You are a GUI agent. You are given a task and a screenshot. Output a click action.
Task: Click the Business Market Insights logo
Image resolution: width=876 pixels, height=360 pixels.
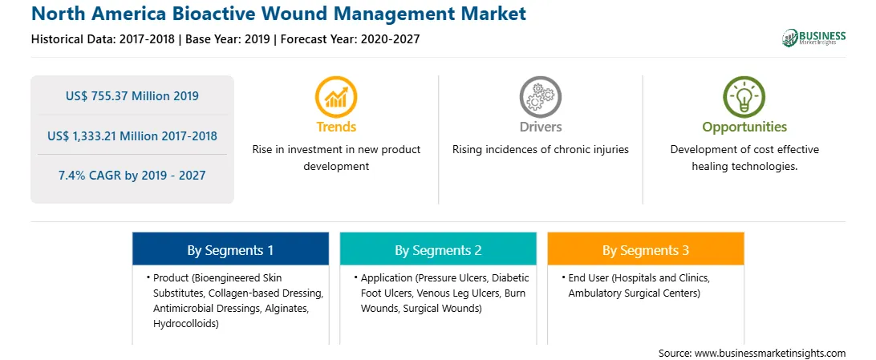pos(813,38)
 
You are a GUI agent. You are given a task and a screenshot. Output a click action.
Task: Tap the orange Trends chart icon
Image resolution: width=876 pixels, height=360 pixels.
pos(336,96)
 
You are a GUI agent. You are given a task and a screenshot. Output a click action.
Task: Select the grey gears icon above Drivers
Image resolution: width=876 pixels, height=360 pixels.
pos(540,96)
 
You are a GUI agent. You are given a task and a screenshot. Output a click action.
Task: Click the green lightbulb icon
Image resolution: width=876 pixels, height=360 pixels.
pos(744,96)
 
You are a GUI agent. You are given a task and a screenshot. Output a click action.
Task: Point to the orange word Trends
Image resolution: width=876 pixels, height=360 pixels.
pos(336,127)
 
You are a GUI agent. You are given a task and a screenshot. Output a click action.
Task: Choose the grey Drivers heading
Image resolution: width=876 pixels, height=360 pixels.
pos(540,127)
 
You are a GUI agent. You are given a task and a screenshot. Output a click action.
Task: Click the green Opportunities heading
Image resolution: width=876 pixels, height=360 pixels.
pos(744,127)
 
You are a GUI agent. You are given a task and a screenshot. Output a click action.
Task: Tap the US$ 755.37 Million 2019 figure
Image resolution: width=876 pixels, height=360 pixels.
pos(132,96)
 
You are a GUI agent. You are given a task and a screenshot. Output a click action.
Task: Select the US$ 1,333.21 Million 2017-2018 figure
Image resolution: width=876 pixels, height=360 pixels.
pos(132,136)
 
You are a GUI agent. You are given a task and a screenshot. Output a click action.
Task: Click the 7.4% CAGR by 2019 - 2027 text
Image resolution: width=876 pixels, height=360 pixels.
pos(132,176)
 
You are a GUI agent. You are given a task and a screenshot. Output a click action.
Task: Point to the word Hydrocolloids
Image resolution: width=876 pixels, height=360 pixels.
pos(185,324)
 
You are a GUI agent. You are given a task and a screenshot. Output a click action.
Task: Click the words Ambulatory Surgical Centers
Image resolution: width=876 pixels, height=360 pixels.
pos(634,293)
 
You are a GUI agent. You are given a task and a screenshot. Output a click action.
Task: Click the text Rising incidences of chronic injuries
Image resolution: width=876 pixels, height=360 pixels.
pos(540,150)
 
